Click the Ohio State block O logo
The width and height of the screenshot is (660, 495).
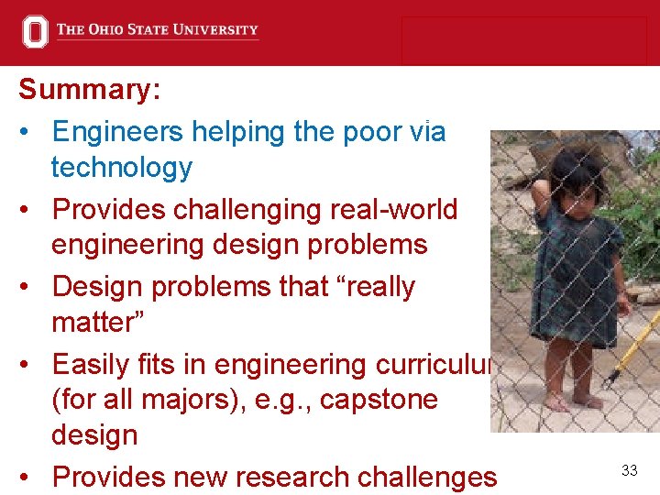point(35,31)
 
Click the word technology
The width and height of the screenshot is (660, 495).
point(122,168)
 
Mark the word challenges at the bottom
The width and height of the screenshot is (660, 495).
point(430,477)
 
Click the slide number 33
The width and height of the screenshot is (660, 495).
point(629,470)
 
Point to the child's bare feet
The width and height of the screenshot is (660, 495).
point(572,401)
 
